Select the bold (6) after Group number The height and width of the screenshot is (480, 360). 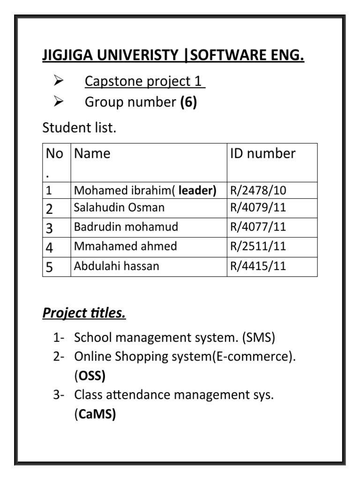coord(188,102)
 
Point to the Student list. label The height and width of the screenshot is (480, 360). coord(79,127)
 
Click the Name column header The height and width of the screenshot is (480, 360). coord(92,153)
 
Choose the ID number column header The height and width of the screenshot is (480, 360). coord(263,153)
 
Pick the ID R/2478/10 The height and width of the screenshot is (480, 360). coord(258,190)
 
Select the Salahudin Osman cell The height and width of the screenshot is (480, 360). coord(119,208)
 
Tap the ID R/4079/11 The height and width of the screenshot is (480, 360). coord(258,208)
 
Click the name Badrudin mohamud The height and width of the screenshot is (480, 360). coord(126,227)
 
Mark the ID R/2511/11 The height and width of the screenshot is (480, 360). coord(258,246)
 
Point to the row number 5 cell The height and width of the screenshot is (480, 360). coord(50,267)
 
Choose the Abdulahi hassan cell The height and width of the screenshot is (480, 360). coord(117,266)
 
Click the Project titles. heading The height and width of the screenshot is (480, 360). coord(84,313)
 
